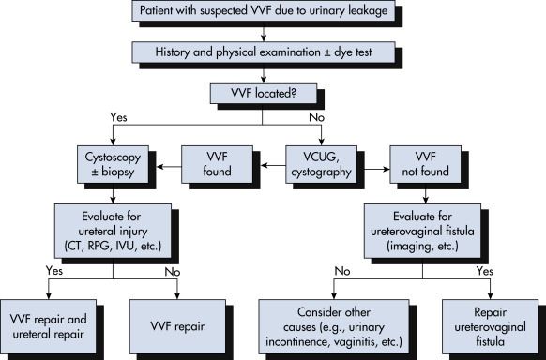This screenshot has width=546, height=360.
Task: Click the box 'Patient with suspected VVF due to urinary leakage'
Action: pos(264,10)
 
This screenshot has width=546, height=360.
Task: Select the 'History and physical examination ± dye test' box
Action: pos(264,52)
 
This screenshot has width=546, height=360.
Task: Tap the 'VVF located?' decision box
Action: pos(264,93)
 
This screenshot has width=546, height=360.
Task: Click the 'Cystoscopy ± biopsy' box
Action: pos(113,164)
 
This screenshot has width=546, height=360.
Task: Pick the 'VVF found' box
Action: pos(217,164)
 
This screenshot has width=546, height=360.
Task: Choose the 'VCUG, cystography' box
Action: pos(321,164)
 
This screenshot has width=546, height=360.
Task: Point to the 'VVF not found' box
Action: pos(425,164)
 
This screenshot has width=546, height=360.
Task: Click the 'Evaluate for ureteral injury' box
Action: pos(113,231)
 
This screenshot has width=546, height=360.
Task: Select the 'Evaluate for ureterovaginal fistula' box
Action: pos(422,231)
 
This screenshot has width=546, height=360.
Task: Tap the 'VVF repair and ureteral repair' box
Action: pos(48,326)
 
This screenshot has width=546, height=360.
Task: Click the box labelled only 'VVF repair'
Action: pos(177,326)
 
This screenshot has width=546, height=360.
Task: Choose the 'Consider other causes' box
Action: pos(334,326)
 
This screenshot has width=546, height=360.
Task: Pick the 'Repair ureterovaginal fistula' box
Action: pos(490,326)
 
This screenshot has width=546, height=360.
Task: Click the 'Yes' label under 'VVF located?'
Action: pos(118,117)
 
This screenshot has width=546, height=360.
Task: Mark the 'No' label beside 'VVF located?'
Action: pos(316,117)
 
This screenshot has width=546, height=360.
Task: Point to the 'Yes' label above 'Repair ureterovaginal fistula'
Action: pos(485,271)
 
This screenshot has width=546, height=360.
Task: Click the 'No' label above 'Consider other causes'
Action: pos(342,271)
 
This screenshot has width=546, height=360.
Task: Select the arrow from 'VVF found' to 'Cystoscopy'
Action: pos(169,167)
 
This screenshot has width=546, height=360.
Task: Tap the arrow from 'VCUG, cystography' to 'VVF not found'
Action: pos(373,169)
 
